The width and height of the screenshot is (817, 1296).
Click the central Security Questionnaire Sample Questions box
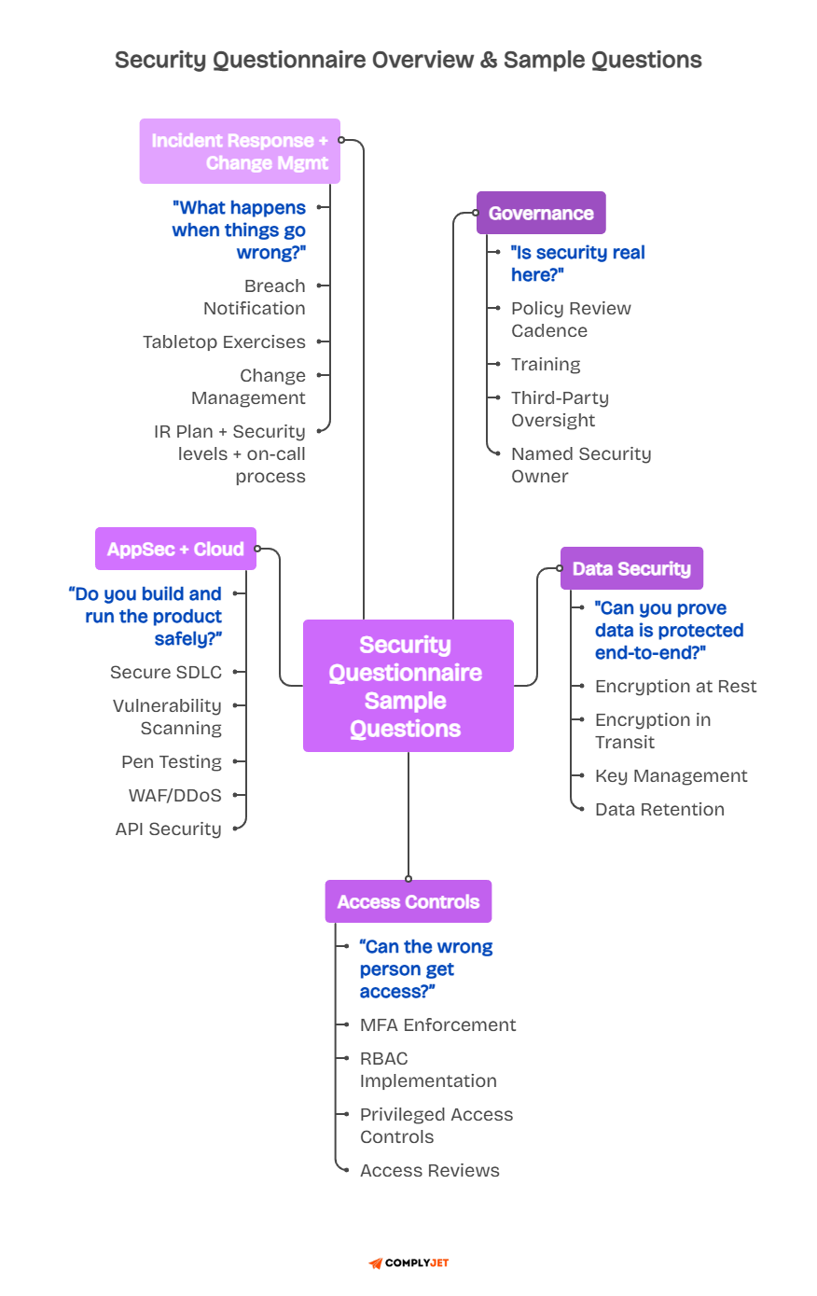[x=408, y=686]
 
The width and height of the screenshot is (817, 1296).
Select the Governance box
[x=541, y=213]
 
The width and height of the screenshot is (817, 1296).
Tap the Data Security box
[x=631, y=568]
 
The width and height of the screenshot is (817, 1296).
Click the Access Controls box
[x=408, y=901]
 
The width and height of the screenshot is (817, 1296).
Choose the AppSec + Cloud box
[x=175, y=549]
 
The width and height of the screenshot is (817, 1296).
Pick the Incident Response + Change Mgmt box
[x=240, y=151]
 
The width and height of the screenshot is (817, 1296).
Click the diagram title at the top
[x=408, y=60]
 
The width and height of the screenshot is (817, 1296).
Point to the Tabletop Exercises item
[x=224, y=341]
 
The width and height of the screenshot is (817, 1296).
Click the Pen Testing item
[x=172, y=761]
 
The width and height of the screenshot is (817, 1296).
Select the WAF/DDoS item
[x=175, y=795]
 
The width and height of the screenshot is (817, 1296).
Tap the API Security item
[x=169, y=829]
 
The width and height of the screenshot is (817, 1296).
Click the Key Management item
[x=672, y=775]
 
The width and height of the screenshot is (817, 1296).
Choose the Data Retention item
[x=659, y=809]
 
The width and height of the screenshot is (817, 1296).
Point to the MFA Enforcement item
[x=438, y=1024]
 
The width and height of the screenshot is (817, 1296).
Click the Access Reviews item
[x=430, y=1170]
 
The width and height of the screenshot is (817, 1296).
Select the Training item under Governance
[x=546, y=364]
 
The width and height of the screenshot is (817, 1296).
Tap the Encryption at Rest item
[x=676, y=686]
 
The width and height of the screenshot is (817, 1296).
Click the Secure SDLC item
[x=166, y=672]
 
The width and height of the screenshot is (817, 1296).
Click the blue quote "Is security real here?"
[x=577, y=263]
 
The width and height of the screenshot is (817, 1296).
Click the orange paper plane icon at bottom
[x=376, y=1263]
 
